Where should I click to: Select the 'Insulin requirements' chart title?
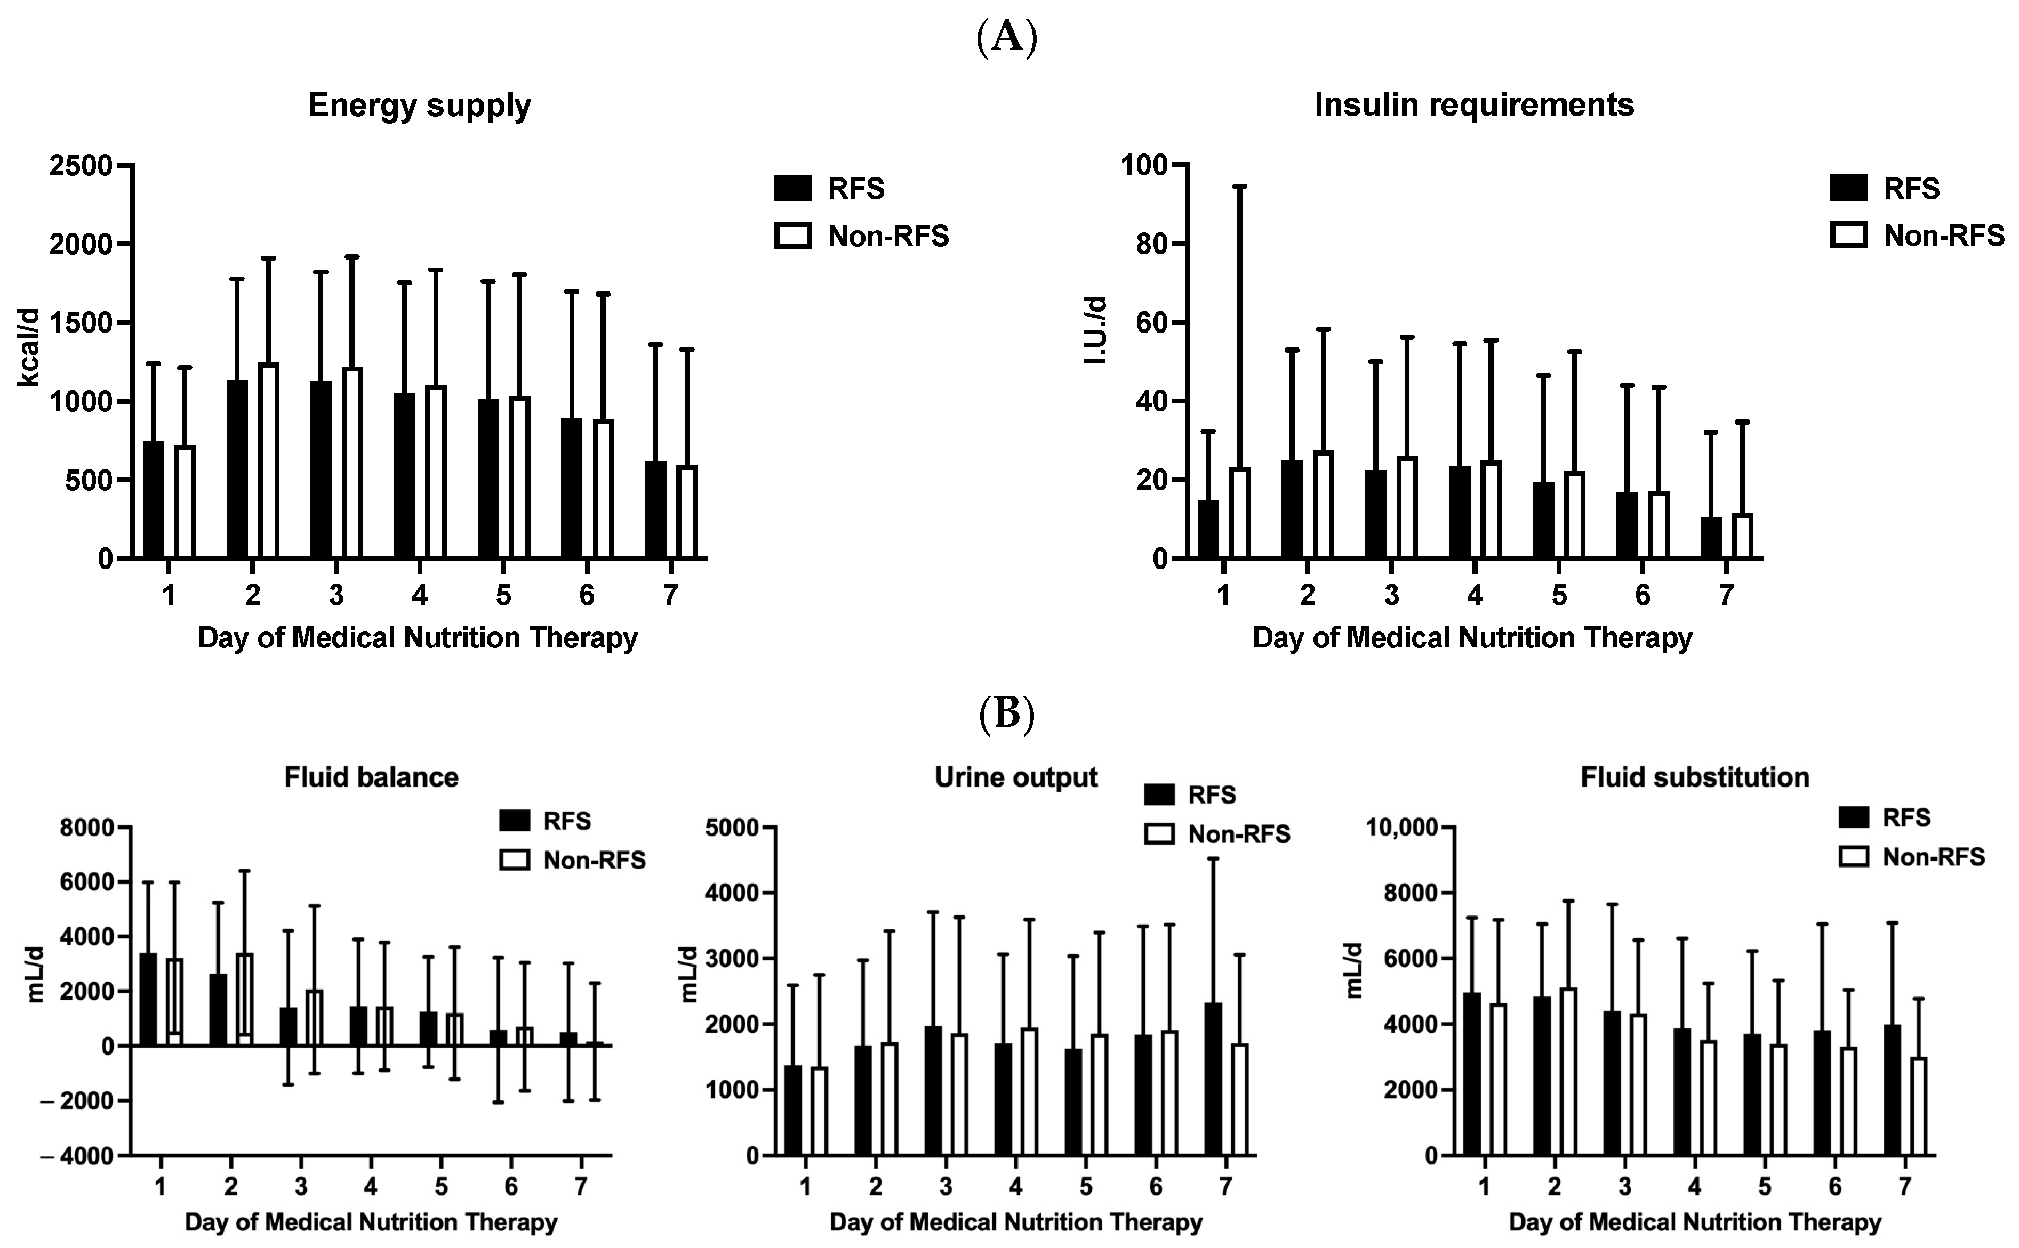[1474, 105]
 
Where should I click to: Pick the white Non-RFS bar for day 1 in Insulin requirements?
[1239, 513]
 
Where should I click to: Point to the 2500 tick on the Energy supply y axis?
[80, 165]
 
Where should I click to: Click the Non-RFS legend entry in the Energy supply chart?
[862, 236]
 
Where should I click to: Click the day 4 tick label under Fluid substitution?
[1694, 1187]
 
